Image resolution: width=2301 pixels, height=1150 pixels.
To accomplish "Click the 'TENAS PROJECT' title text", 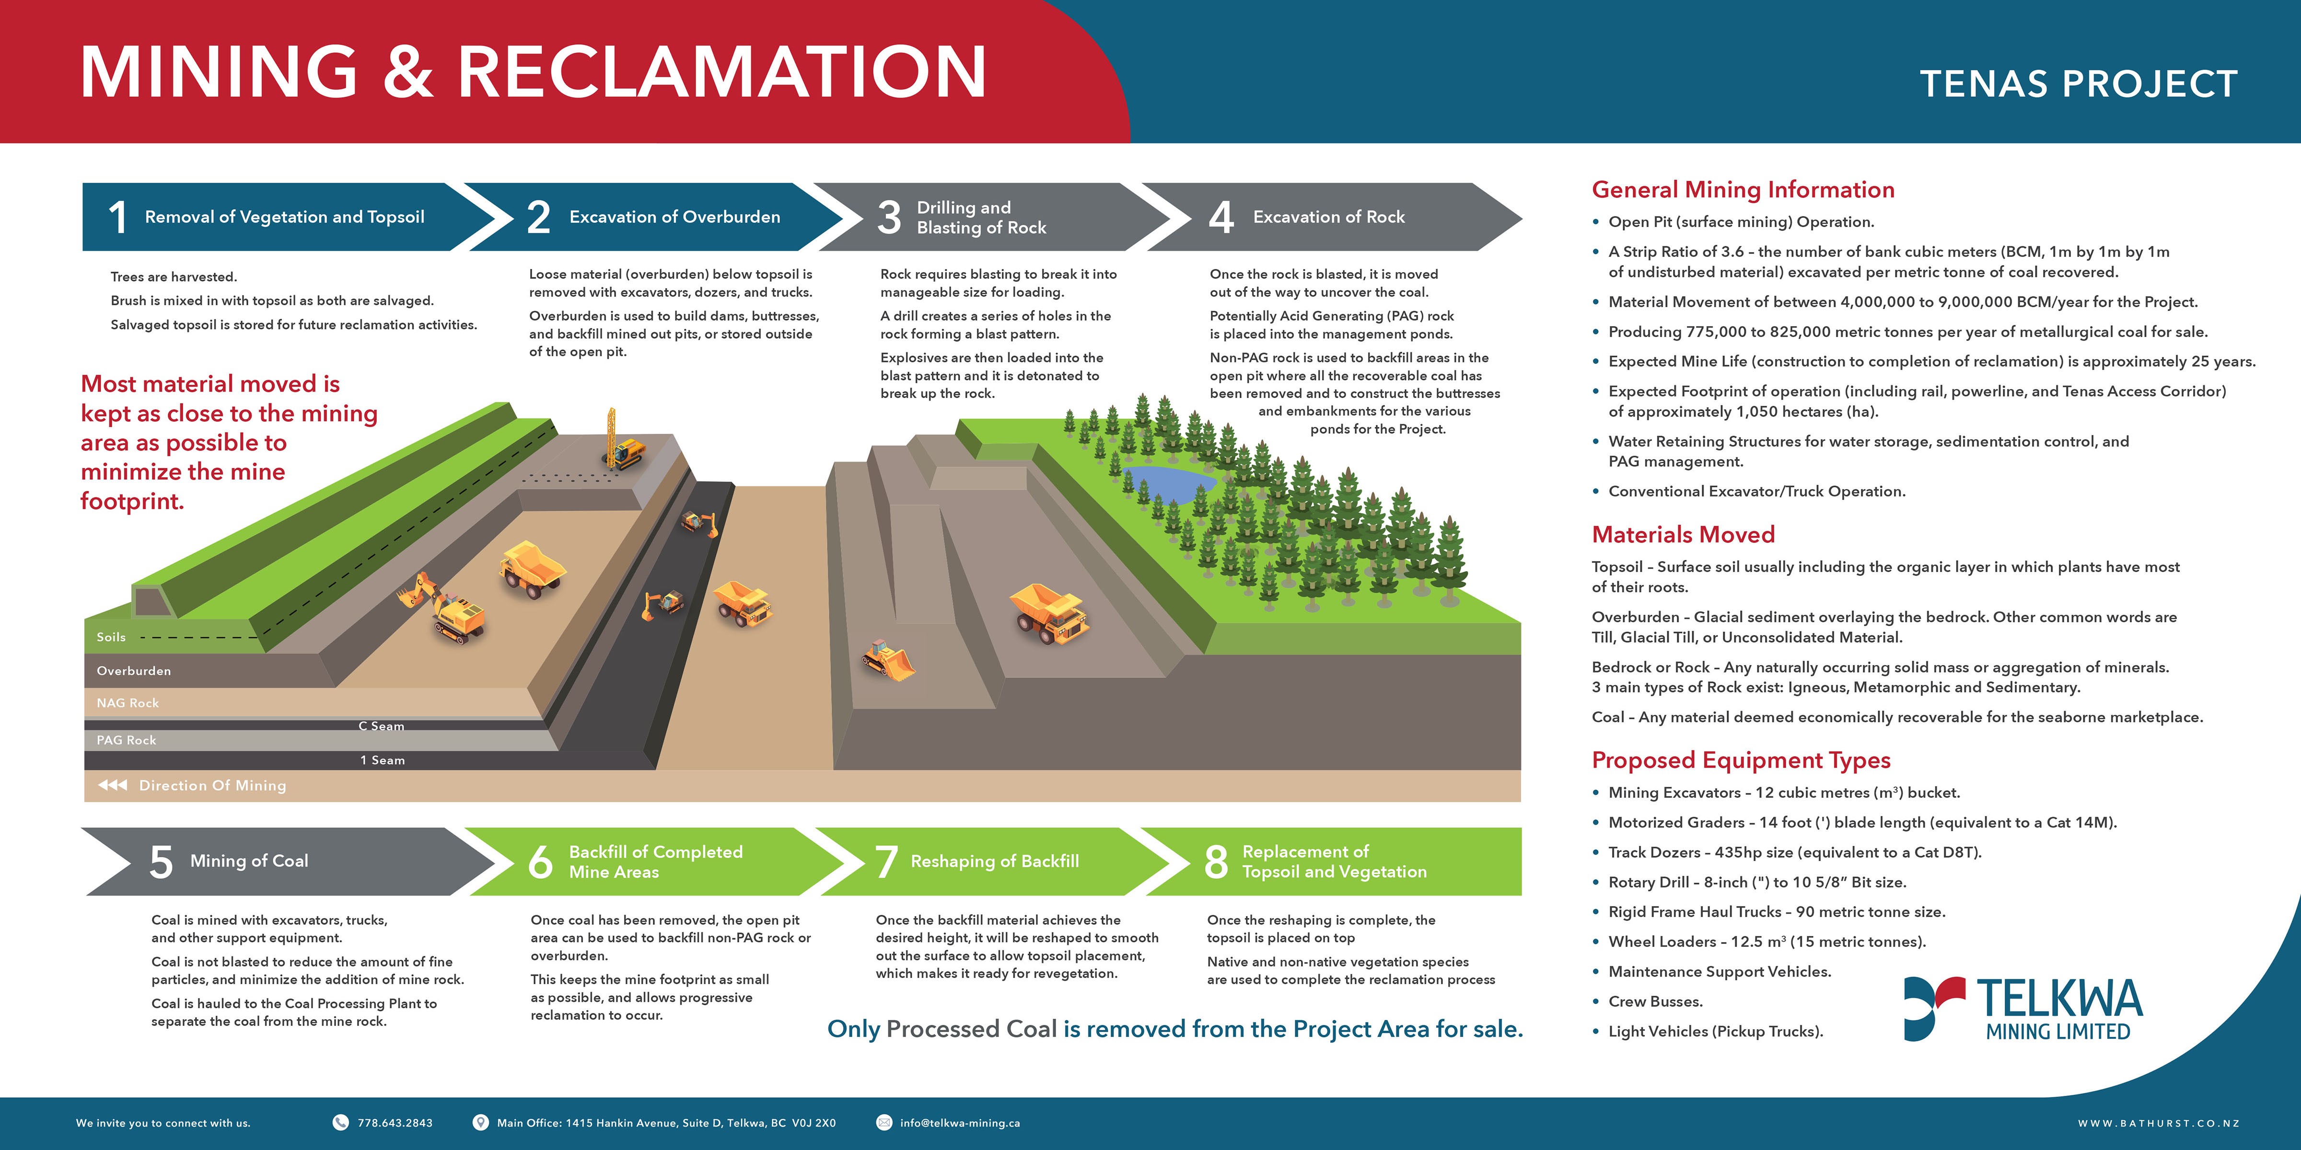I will [2079, 84].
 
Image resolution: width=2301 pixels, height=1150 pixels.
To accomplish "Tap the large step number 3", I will [889, 217].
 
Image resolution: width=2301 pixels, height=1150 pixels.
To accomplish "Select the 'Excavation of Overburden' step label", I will [674, 217].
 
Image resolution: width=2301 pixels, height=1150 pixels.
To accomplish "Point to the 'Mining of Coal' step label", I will [249, 861].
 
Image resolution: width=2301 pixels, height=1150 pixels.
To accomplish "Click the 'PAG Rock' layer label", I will [126, 740].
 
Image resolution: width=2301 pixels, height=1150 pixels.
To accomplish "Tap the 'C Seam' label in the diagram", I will [382, 726].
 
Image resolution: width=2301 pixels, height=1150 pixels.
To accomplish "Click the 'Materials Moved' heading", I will [1683, 535].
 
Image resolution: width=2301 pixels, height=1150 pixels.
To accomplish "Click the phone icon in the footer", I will [340, 1122].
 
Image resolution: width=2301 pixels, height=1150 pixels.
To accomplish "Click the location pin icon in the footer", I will [480, 1122].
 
